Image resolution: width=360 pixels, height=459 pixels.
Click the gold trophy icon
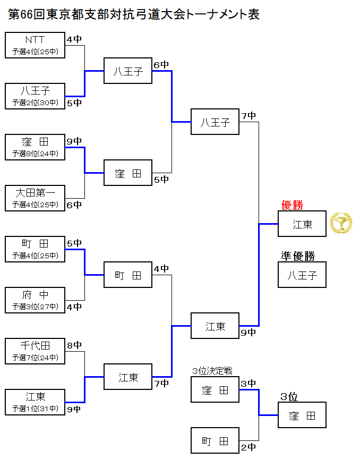[x=340, y=223]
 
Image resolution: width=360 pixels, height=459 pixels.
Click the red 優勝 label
[x=292, y=206]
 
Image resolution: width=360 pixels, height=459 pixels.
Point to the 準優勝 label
[x=298, y=257]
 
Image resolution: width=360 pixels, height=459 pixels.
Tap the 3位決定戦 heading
[x=212, y=371]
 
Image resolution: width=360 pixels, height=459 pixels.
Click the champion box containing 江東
[x=302, y=224]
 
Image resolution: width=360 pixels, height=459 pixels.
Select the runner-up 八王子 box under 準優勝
[x=302, y=275]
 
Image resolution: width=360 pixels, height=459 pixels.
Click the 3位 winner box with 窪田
[x=302, y=415]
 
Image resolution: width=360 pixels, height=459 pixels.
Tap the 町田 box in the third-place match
[x=215, y=441]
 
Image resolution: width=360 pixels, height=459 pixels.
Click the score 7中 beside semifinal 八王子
[x=248, y=116]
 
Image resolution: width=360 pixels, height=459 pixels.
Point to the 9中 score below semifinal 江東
[x=248, y=333]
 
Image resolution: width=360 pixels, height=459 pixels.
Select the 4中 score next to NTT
[x=74, y=39]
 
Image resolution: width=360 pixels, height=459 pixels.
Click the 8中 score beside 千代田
[x=74, y=345]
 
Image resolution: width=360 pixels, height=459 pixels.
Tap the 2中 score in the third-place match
[x=248, y=447]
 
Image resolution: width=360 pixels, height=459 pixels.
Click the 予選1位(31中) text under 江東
[x=35, y=409]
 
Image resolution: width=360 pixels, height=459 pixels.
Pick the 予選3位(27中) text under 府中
[x=35, y=307]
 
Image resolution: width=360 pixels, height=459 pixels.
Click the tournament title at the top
[x=134, y=14]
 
